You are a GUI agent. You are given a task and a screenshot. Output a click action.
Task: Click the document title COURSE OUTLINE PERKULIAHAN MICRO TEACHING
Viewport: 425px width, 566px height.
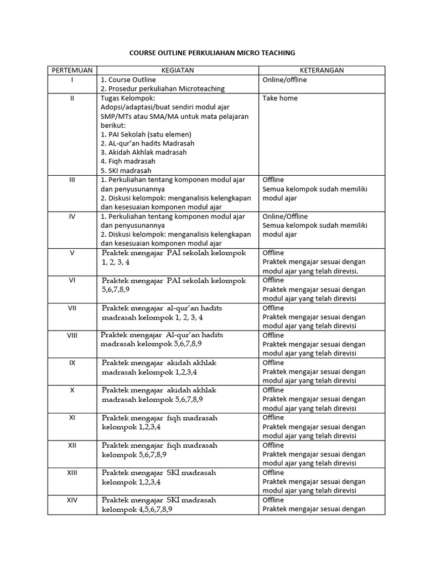[212, 53]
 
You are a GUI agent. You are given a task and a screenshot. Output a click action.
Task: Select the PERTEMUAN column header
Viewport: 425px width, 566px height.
[72, 70]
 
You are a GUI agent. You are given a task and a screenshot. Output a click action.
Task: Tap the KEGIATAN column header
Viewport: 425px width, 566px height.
[177, 70]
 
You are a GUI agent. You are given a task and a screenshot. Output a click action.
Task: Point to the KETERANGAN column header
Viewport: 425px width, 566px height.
[322, 70]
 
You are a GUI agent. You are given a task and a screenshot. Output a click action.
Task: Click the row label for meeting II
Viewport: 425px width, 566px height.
[72, 98]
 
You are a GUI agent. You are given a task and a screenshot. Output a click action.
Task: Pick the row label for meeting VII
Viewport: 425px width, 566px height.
[72, 308]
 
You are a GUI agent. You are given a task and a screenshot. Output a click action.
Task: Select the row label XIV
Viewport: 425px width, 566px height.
[72, 500]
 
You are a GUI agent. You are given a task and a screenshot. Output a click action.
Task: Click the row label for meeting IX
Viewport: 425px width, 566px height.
[72, 363]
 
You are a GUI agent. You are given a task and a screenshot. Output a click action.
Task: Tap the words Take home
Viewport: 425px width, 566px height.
[280, 98]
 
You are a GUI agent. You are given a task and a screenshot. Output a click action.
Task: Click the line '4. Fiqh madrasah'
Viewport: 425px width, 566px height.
[128, 161]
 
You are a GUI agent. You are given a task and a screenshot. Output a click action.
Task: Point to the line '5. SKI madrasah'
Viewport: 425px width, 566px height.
[126, 171]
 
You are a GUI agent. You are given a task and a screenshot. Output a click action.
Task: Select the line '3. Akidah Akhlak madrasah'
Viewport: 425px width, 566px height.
[143, 152]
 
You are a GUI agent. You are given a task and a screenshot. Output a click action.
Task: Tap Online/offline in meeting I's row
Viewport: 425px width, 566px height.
[284, 80]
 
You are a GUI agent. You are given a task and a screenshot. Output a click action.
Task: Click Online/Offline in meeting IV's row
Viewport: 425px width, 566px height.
[285, 216]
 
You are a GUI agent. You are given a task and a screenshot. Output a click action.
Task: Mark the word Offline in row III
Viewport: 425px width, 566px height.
[273, 180]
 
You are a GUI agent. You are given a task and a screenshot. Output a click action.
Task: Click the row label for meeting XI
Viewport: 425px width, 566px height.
[72, 417]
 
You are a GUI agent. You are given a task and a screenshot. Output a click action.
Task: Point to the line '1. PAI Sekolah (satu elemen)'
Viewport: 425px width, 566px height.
[146, 134]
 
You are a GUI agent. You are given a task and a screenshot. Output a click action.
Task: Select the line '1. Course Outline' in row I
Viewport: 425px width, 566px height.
[128, 80]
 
